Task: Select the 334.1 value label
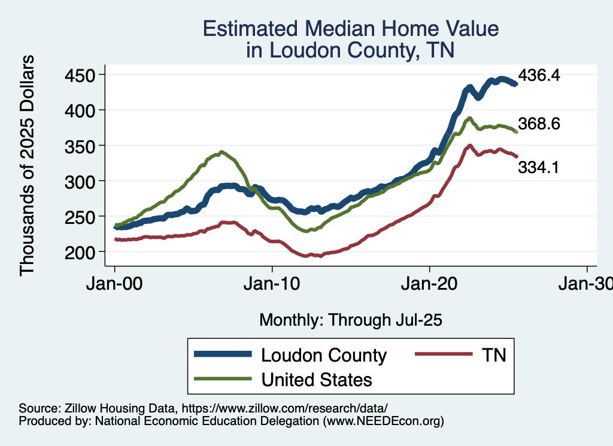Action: click(539, 168)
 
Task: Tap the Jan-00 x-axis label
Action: click(115, 283)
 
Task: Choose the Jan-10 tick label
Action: click(272, 283)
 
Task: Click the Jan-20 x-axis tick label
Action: click(430, 283)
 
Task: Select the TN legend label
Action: click(493, 355)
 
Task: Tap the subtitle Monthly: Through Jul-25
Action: click(350, 320)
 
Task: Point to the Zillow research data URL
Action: click(285, 408)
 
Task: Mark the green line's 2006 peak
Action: click(221, 152)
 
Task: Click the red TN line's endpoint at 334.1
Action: click(516, 156)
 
